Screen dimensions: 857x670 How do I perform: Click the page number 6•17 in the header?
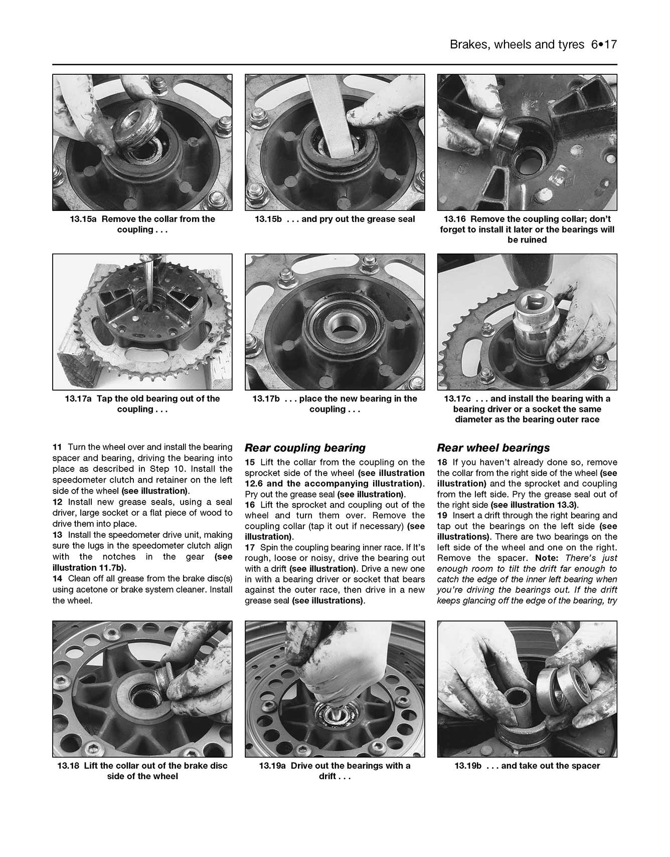[603, 45]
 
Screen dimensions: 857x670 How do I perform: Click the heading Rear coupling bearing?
[305, 448]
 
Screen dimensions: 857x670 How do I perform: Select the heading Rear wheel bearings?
[493, 448]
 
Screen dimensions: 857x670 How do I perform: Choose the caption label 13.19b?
[467, 766]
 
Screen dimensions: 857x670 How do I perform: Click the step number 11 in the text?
[57, 447]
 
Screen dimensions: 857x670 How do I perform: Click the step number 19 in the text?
[442, 516]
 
